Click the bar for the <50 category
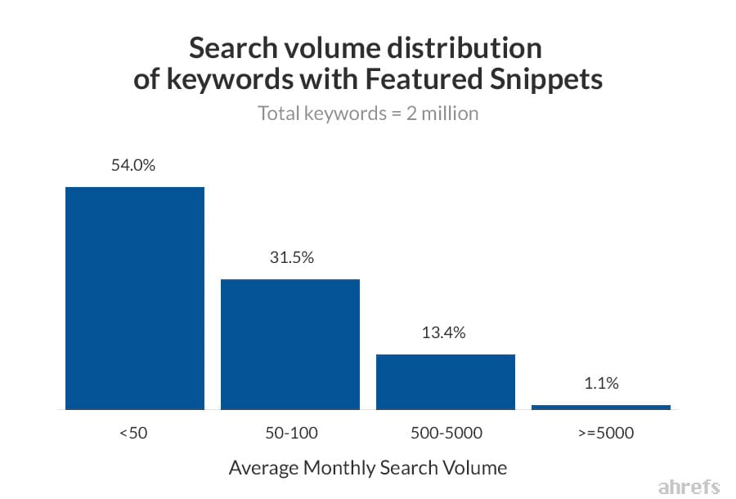coord(135,298)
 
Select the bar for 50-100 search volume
coord(290,344)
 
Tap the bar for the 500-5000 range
coord(446,381)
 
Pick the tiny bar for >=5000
coord(601,407)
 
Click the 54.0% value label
coord(133,166)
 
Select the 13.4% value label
coord(446,333)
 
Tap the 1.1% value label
coord(601,383)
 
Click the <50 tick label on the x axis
coord(133,433)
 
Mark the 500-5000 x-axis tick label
coord(446,433)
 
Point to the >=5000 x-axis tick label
coord(602,433)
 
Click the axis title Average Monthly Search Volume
coord(368,468)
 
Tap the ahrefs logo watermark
coord(689,487)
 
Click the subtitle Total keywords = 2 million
coord(368,114)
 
